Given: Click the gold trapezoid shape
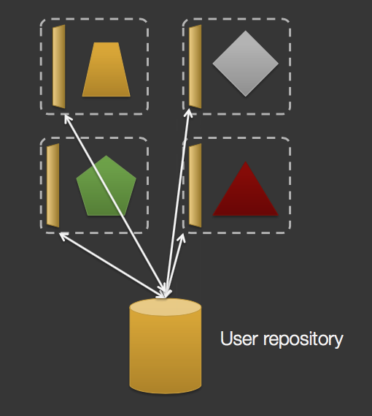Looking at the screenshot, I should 106,69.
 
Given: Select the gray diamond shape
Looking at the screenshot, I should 245,63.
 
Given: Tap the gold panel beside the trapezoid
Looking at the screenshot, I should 59,67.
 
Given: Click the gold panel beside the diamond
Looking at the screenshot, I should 195,66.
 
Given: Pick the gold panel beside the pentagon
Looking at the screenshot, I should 53,185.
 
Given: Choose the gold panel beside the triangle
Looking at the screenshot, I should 195,185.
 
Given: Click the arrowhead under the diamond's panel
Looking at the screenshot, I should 189,113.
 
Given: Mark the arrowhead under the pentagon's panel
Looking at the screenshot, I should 61,235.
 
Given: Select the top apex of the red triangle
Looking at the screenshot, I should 246,163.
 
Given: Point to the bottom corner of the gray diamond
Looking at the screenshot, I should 245,95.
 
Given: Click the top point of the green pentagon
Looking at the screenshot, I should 106,156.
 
